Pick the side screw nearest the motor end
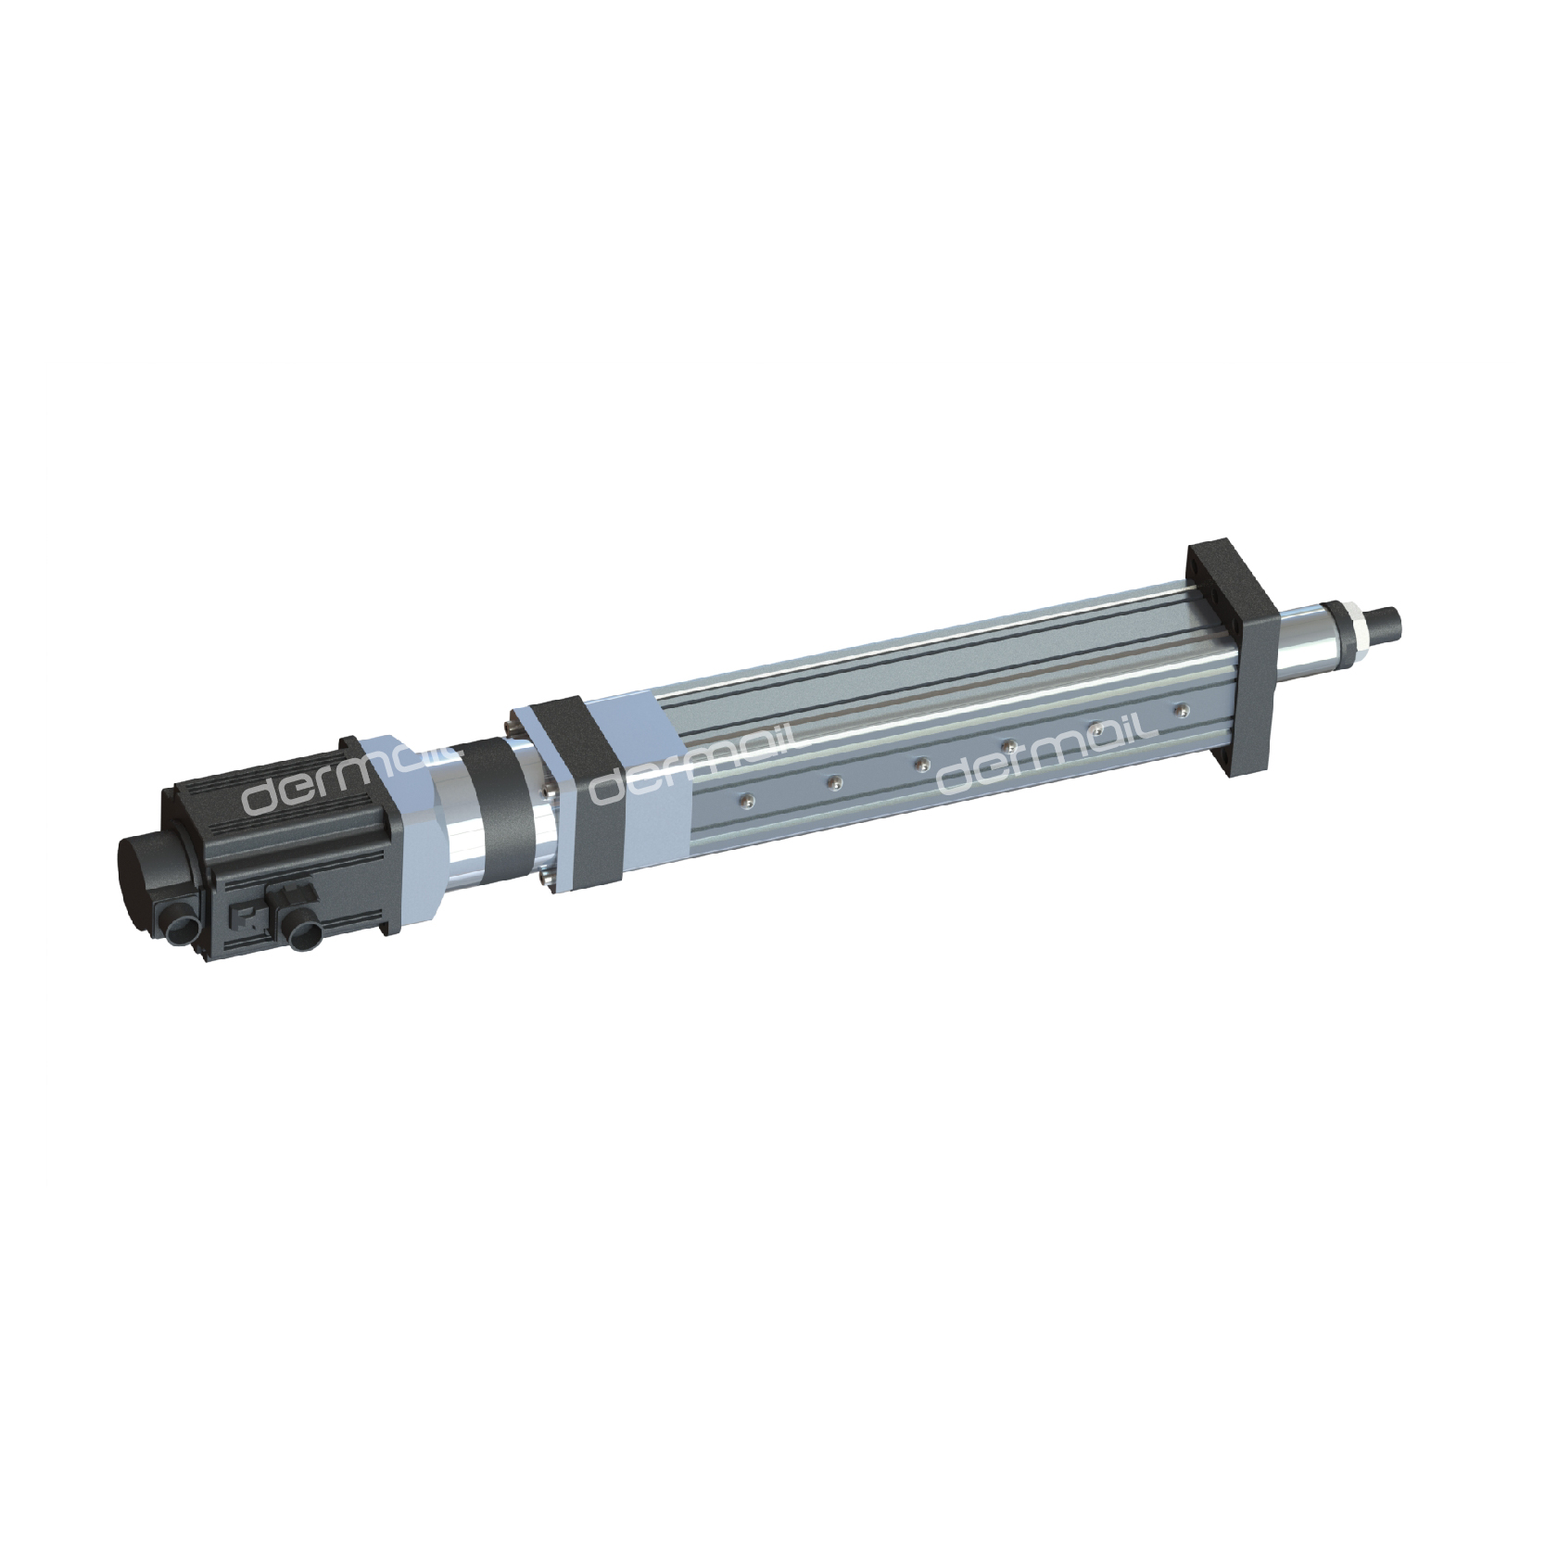[744, 798]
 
